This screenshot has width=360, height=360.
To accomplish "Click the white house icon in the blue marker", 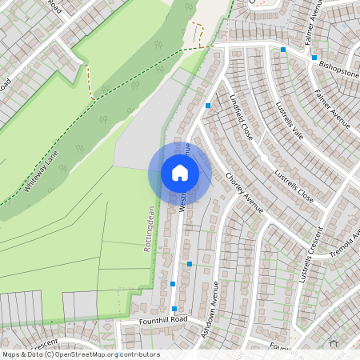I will (180, 172).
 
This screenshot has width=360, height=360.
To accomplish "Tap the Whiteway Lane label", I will (41, 175).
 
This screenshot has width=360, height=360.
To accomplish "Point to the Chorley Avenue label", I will (244, 193).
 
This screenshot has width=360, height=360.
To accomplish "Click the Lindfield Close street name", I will (241, 118).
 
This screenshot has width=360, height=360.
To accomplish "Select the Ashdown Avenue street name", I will (210, 308).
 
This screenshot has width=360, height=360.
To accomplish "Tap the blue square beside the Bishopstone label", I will (314, 57).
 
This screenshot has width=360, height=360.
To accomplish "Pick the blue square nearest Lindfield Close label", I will (208, 106).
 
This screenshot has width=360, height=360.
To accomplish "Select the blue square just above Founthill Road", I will (174, 308).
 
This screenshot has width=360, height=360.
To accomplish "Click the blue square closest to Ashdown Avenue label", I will (190, 263).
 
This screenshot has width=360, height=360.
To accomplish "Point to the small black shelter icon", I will (334, 343).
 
